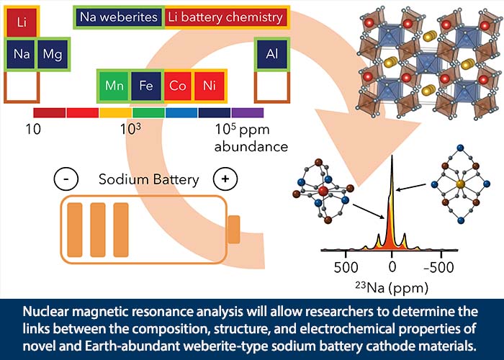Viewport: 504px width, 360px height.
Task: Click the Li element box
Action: [22, 22]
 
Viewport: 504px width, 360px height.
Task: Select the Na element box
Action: [21, 54]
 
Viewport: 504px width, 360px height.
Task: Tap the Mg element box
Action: [53, 54]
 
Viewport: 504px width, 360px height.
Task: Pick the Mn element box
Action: [114, 86]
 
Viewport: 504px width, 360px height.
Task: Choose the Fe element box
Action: [146, 86]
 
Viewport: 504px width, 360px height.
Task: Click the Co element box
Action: [178, 86]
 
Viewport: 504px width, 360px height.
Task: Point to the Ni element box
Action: [210, 86]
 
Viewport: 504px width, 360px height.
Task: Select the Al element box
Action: [272, 54]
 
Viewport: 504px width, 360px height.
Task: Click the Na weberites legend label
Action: [119, 17]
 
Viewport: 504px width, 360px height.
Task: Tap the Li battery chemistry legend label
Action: [225, 17]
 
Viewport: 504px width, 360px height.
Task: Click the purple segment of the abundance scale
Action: [248, 113]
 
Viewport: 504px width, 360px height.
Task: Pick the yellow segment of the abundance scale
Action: [116, 113]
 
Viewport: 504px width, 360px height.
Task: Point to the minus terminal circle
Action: [66, 179]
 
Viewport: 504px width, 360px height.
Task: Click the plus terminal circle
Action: [225, 179]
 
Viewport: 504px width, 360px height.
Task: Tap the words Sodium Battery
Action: [149, 179]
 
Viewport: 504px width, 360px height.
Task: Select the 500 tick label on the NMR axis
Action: [346, 267]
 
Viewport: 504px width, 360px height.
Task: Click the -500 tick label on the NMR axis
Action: [439, 267]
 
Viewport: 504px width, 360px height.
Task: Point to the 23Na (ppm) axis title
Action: [392, 287]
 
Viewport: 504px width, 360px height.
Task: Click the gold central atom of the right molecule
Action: [460, 184]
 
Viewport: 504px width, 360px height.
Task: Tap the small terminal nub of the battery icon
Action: [234, 230]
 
